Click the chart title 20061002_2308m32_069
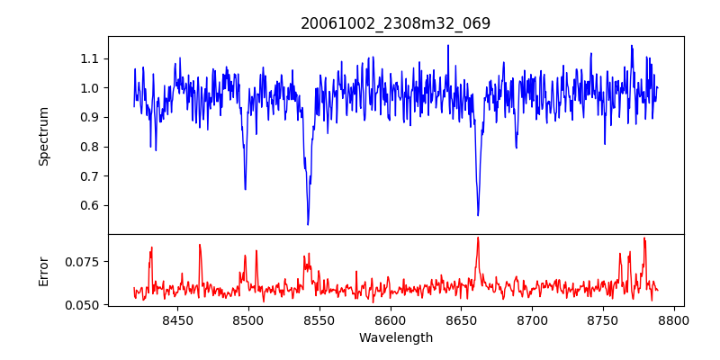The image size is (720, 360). (x=395, y=23)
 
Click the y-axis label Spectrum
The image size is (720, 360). (x=44, y=136)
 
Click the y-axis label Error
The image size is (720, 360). (x=44, y=270)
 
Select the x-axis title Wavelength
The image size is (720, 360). (x=395, y=338)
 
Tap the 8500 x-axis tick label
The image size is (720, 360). (x=247, y=320)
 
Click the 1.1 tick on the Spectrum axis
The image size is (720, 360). (x=88, y=58)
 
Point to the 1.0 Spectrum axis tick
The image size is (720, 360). (x=88, y=88)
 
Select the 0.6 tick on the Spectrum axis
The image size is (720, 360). (x=88, y=205)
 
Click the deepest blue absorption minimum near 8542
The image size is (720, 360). (x=308, y=224)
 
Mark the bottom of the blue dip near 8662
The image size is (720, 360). (x=478, y=215)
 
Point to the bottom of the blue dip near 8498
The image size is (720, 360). (x=245, y=189)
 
